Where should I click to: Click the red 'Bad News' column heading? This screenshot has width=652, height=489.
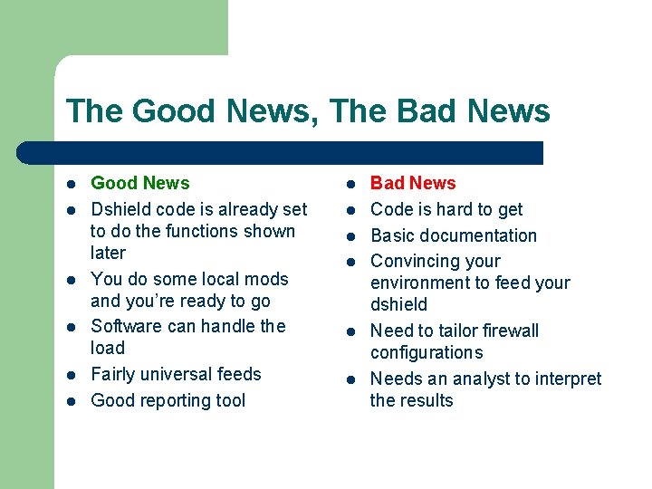point(413,183)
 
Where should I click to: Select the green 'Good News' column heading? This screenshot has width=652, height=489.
point(140,183)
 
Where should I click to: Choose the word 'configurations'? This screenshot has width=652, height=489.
point(427,352)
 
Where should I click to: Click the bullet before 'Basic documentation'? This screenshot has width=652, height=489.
point(351,236)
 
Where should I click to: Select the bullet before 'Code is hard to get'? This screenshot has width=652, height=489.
point(351,210)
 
